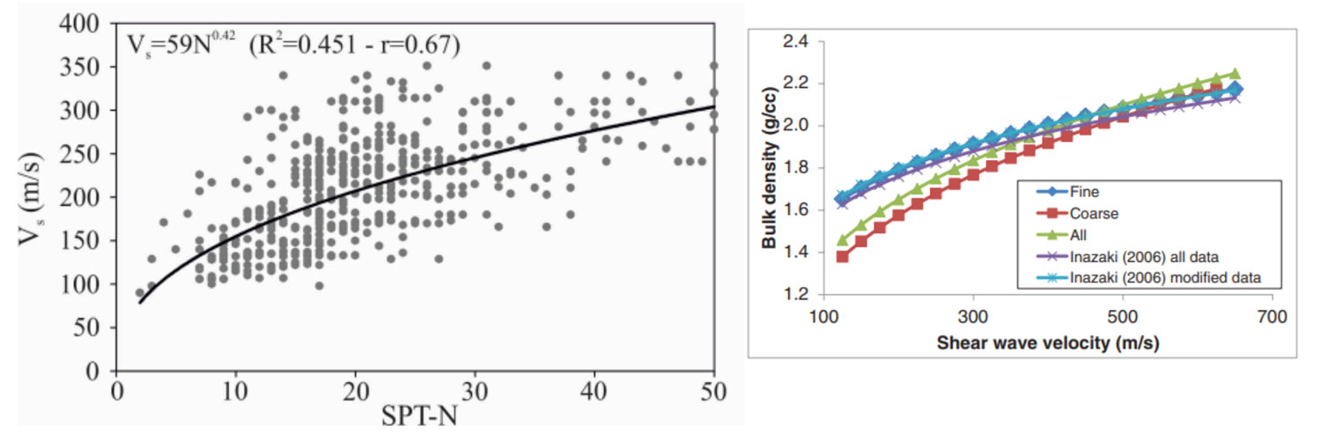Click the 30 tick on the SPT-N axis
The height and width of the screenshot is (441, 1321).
(475, 389)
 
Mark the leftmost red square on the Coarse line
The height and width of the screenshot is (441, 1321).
(842, 256)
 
